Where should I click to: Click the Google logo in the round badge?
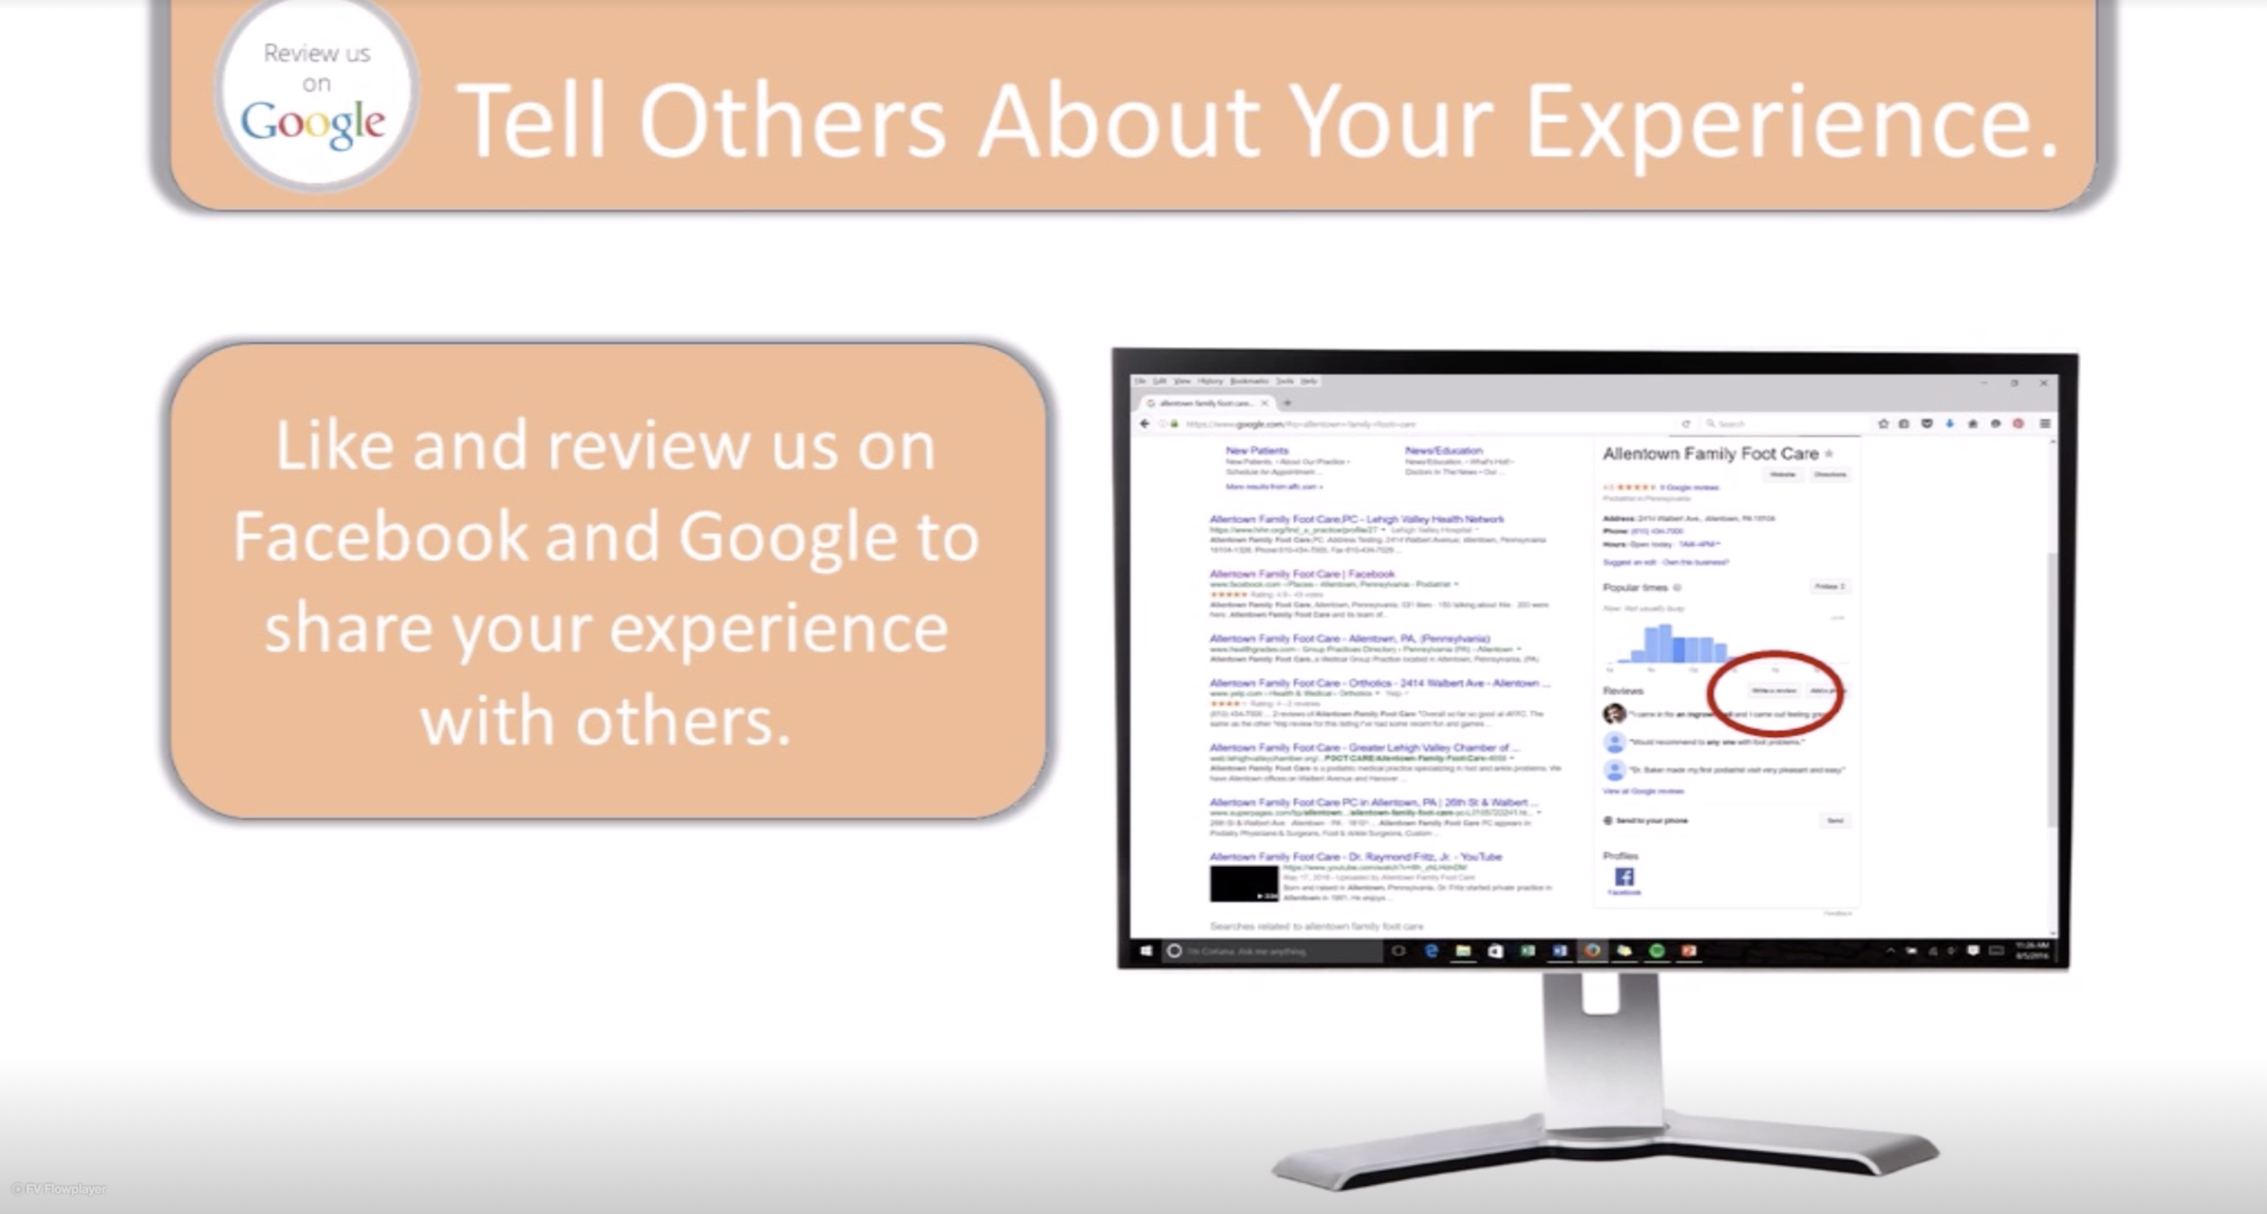click(x=313, y=125)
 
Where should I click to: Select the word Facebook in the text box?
click(x=379, y=537)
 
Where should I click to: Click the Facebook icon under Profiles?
click(x=1624, y=877)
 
